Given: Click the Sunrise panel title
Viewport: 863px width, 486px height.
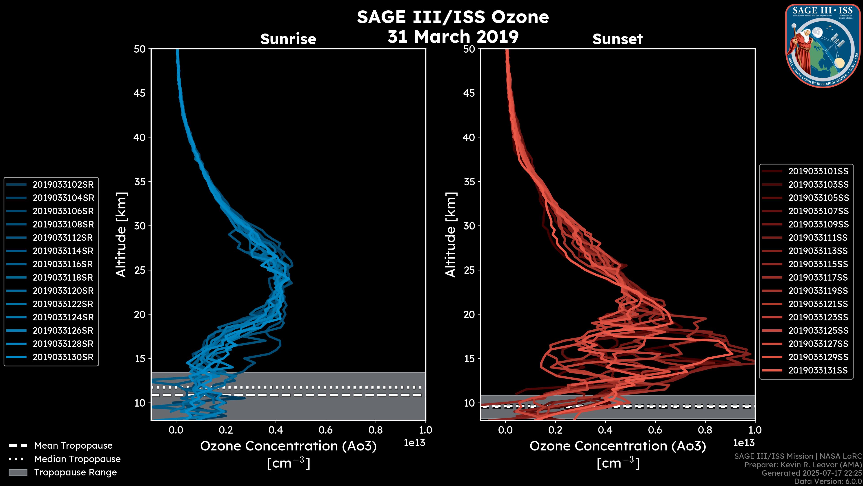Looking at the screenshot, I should pos(288,39).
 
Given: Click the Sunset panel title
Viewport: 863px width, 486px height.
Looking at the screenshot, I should pos(617,39).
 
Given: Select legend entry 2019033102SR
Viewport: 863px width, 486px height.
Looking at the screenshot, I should pos(63,184).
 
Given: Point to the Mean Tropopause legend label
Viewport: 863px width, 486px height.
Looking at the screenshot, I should pos(73,445).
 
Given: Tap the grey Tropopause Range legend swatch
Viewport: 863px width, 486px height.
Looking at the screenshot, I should pos(18,472).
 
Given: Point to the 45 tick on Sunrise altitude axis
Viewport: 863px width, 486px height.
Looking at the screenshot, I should pos(140,93).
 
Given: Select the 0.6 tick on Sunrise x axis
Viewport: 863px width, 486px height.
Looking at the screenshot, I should pos(326,430).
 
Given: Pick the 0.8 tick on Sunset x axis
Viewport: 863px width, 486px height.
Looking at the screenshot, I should pos(705,430).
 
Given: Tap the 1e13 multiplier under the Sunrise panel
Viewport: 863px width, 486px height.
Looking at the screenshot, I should pos(414,443).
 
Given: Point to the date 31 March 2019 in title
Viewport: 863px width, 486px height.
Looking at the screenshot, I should pos(453,36).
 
